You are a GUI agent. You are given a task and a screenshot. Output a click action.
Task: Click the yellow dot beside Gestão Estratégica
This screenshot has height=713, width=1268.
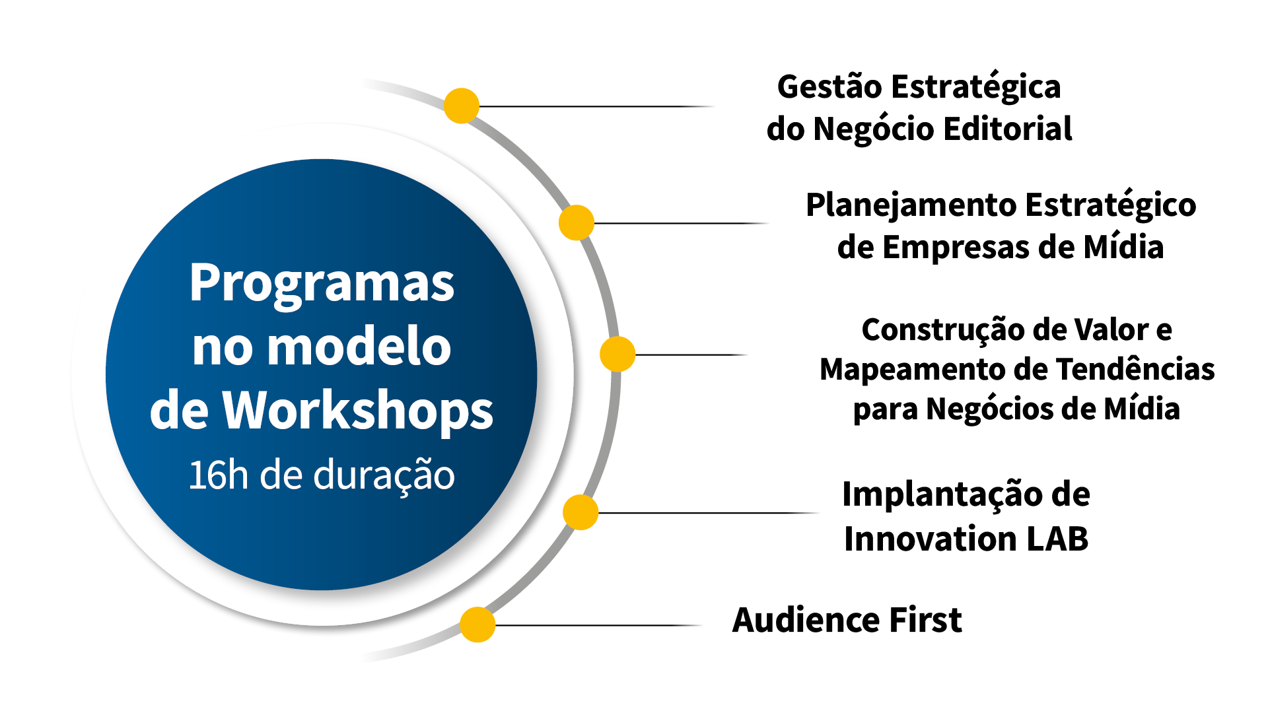tap(461, 106)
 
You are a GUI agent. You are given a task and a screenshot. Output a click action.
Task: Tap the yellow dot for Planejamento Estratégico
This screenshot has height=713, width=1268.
tap(577, 222)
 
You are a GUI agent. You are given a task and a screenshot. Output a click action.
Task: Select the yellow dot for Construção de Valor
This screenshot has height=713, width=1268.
tap(617, 355)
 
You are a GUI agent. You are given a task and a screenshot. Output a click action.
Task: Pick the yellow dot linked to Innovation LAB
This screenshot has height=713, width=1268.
tap(581, 512)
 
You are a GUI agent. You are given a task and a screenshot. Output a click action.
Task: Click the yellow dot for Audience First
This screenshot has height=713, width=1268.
tap(477, 625)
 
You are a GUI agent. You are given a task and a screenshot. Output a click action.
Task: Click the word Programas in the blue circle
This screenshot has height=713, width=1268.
tap(322, 284)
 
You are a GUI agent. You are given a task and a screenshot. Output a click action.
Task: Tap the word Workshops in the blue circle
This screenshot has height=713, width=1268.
tap(357, 411)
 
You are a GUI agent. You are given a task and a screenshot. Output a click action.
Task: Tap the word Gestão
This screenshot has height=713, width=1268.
tap(828, 87)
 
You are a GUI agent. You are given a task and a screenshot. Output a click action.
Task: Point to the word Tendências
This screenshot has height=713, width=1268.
tap(1135, 369)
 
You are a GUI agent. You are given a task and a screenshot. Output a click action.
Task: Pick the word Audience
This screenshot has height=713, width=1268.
tap(805, 621)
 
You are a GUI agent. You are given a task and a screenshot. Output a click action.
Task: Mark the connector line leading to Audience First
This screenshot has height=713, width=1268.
tap(594, 625)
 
